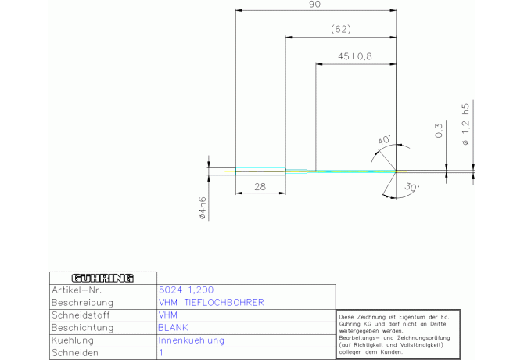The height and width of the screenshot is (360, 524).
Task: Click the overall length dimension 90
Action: (315, 5)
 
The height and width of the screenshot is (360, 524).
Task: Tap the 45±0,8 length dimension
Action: (355, 57)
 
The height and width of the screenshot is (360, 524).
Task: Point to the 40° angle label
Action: (385, 141)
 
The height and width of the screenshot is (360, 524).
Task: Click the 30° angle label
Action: (412, 188)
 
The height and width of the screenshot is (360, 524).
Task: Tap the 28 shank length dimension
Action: (260, 186)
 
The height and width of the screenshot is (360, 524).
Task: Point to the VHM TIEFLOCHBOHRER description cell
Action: (210, 302)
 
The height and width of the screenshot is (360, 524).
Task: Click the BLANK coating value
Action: (173, 327)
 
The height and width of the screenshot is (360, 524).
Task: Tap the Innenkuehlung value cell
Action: (192, 340)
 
